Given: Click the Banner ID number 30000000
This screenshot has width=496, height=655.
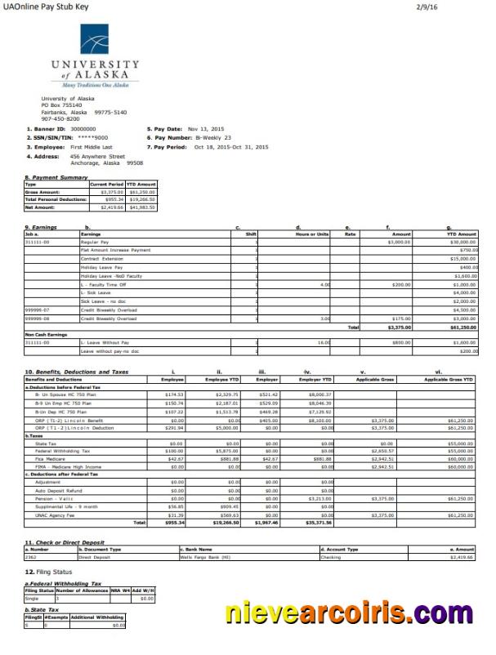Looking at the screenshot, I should (x=83, y=128).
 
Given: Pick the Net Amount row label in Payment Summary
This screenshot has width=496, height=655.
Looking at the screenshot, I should (x=40, y=207).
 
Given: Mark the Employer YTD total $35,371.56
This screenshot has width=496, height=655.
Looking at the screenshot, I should (x=319, y=522).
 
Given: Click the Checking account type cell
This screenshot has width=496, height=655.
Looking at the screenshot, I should (x=330, y=557).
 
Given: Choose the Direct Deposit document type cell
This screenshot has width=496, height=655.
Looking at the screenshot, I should (x=95, y=557).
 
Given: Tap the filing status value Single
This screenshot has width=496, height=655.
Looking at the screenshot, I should (x=33, y=599).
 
